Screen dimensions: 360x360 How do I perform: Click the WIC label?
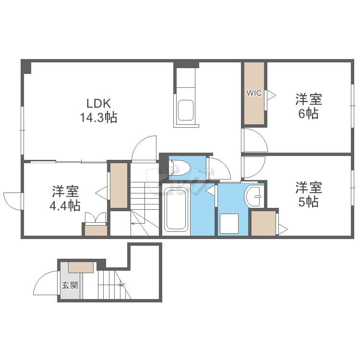[x=254, y=93]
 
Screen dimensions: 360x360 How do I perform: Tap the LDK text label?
[x=99, y=103]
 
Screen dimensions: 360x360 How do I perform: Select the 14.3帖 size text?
[x=98, y=117]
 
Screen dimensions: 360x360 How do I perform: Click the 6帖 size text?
[x=308, y=113]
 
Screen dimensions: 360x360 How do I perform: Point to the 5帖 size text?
[x=308, y=202]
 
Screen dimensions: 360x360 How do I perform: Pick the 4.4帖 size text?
[x=65, y=205]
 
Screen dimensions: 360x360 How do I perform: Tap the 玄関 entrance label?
[x=70, y=286]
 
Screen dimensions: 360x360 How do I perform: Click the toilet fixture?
[x=179, y=168]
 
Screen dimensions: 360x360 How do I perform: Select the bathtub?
[x=176, y=209]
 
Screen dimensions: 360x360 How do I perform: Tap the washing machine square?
[x=229, y=224]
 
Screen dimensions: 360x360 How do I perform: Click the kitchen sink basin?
[x=185, y=110]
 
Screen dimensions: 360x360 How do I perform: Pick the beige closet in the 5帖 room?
[x=264, y=223]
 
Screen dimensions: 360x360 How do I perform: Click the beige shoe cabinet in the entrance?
[x=81, y=267]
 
